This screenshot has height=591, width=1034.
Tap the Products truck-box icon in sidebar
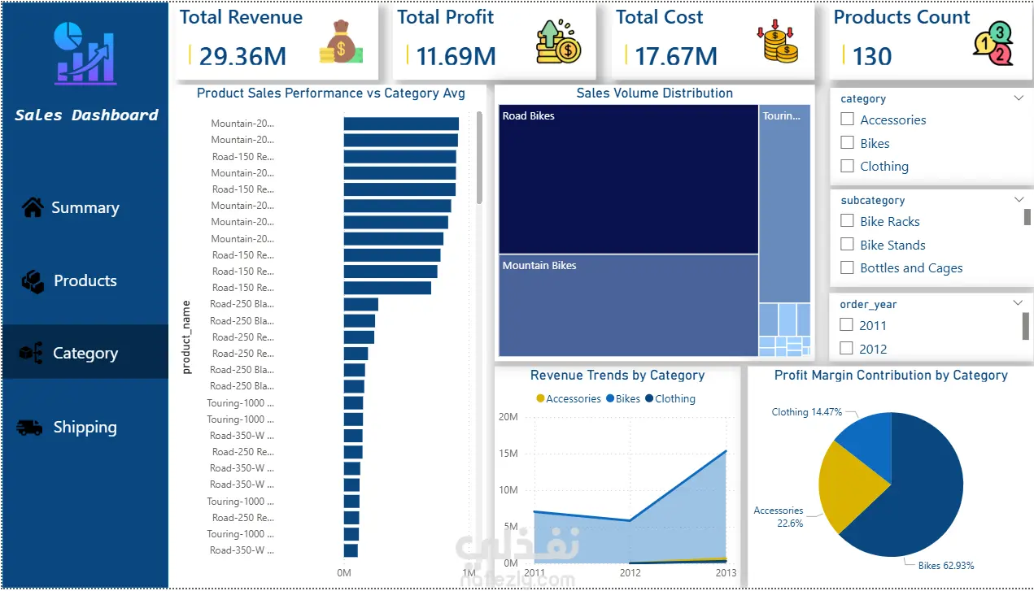(x=33, y=281)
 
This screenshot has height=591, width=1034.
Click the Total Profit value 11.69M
(x=456, y=56)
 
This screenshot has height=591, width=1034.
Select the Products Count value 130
(x=872, y=56)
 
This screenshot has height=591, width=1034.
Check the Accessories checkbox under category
(x=847, y=120)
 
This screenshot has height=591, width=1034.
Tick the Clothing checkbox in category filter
(x=847, y=166)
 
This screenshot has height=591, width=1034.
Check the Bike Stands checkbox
(x=847, y=245)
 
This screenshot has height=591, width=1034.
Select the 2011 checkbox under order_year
(x=847, y=325)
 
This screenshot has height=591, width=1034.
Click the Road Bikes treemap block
(x=628, y=179)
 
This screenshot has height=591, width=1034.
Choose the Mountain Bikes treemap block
(x=628, y=306)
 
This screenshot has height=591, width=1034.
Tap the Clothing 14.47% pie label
(x=806, y=412)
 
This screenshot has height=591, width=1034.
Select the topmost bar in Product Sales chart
(x=400, y=124)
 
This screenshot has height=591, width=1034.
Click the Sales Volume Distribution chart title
(x=654, y=93)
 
